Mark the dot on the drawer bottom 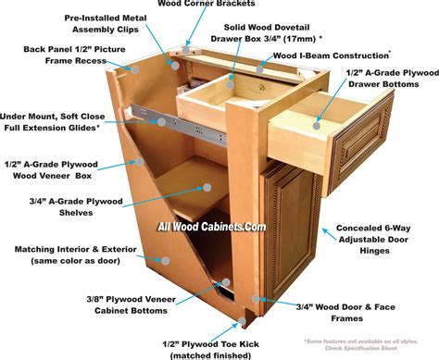pos(320,120)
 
